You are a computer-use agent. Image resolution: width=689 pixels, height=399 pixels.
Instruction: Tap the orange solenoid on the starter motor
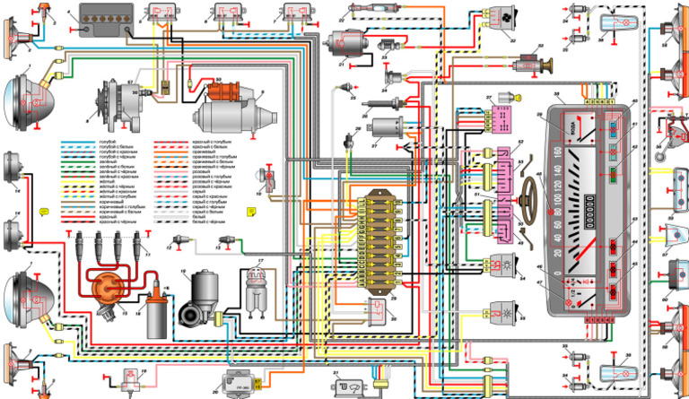[220, 91]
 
